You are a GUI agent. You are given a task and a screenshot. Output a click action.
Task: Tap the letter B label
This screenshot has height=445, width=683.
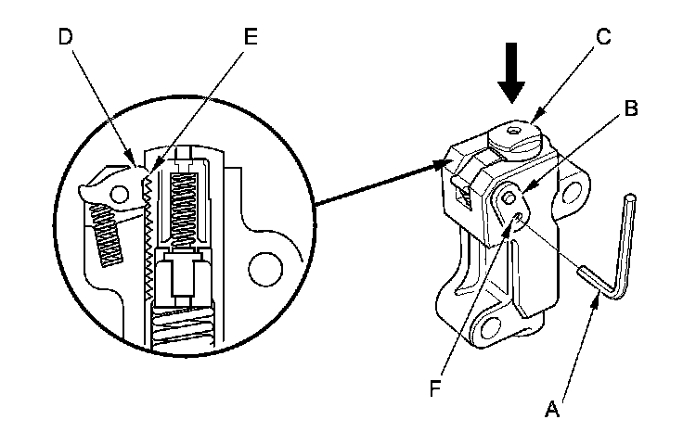coord(631,108)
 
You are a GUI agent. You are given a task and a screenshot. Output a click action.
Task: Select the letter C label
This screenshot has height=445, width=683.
coord(602,37)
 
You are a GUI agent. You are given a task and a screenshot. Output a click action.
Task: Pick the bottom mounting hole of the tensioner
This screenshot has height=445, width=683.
coord(488,325)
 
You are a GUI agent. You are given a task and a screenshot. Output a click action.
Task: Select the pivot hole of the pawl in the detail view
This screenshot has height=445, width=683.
coord(118,190)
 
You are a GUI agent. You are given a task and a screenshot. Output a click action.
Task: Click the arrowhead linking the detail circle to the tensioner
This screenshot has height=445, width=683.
coord(443,166)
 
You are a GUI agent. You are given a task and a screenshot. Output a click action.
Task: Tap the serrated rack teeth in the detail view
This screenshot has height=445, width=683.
coord(147,241)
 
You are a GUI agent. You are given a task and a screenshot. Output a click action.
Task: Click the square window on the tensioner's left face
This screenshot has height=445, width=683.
coord(463,192)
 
